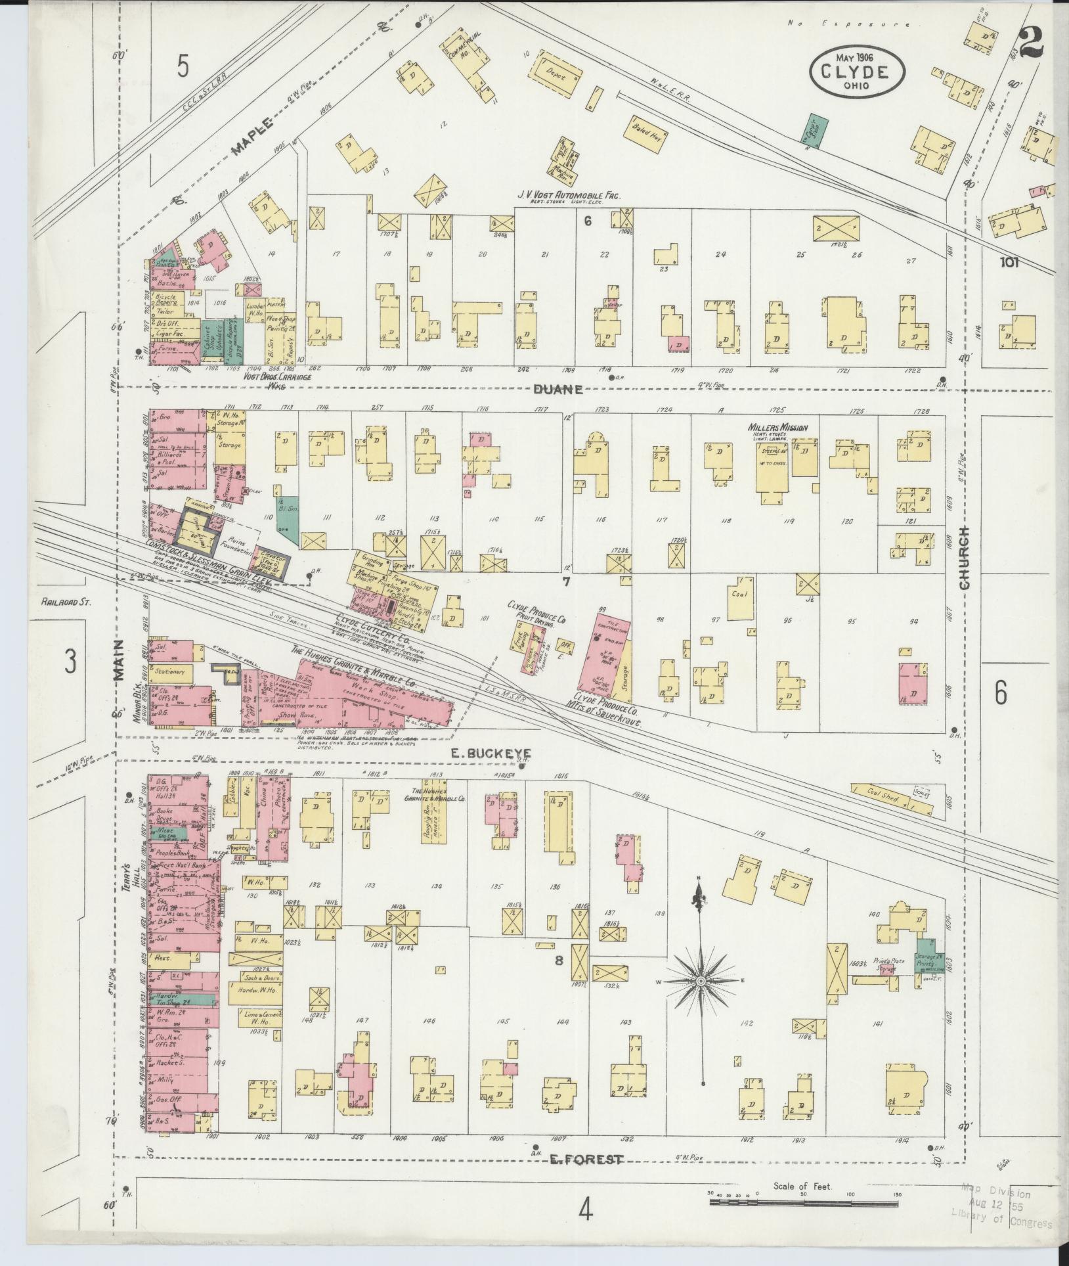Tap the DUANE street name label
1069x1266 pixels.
pos(557,389)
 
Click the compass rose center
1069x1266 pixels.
pos(700,999)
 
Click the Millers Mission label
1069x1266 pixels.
pos(777,428)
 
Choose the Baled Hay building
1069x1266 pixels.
pos(647,134)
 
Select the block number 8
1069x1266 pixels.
pos(559,961)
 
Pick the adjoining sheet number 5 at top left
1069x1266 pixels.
pos(183,66)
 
